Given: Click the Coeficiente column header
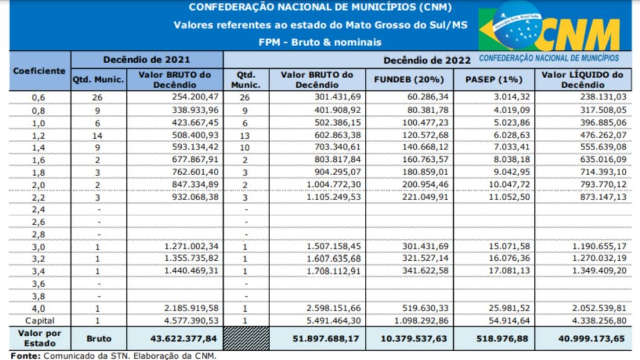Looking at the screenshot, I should tap(39, 71).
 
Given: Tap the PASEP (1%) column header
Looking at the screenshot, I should tap(494, 79).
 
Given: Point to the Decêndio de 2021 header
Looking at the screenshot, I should tap(146, 59).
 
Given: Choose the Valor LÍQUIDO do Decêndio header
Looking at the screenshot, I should tap(582, 79).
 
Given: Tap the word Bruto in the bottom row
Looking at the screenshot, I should tap(99, 338).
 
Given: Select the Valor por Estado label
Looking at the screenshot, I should tap(39, 338).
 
